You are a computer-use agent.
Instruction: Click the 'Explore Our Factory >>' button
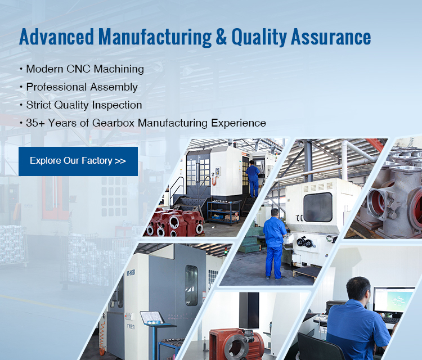point(78,161)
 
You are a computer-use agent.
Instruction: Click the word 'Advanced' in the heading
point(56,37)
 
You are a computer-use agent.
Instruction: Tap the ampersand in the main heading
point(221,37)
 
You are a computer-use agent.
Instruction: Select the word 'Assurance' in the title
point(331,37)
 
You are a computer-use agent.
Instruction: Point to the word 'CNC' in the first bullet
point(78,69)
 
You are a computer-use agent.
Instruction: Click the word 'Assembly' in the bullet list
point(114,87)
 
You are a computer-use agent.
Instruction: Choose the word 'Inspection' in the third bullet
point(117,105)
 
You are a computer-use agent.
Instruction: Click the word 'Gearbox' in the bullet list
point(113,123)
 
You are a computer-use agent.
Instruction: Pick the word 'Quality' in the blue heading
point(259,37)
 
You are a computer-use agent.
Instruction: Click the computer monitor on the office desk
point(393,300)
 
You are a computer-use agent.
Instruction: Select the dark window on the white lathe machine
point(317,207)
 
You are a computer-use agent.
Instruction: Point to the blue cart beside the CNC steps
point(223,213)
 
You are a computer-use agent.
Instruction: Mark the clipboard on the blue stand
point(152,318)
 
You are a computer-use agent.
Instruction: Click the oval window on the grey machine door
point(191,285)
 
